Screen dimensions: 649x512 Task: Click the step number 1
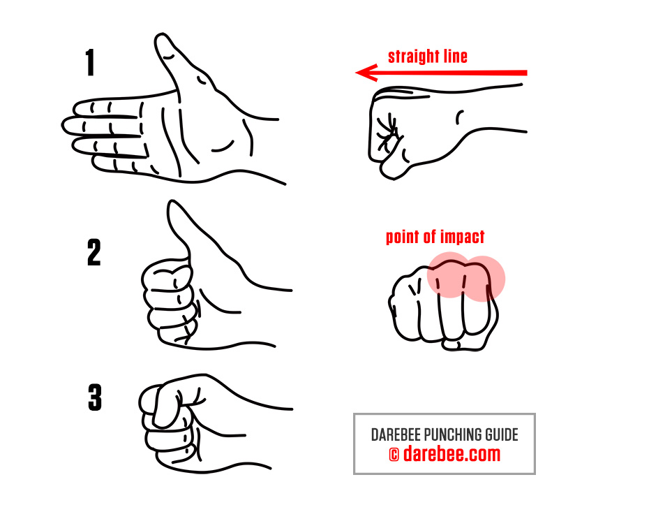90,62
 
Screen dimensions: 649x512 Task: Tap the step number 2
94,252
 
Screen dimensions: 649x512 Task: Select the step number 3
95,397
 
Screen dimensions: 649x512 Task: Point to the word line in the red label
455,56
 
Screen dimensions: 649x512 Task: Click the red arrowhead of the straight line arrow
367,73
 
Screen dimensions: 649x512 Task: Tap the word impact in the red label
463,237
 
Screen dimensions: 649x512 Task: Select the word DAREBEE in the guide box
396,435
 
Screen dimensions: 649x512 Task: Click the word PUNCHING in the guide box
453,435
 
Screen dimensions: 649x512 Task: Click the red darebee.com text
452,453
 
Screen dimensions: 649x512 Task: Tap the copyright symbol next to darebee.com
394,455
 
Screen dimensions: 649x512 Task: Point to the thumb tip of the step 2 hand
173,205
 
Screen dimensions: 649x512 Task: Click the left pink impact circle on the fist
449,275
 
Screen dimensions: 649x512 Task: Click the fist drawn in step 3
174,423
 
